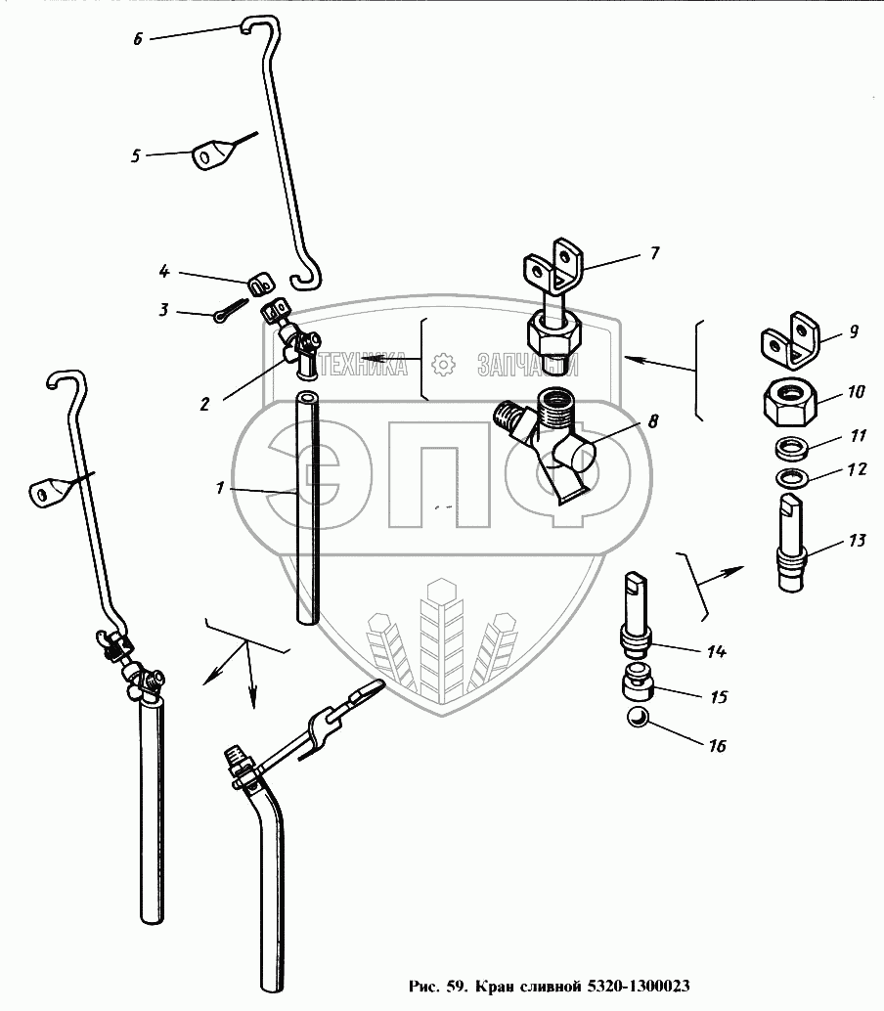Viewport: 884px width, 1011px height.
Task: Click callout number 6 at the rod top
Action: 138,40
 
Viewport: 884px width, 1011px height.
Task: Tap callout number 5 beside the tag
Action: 137,154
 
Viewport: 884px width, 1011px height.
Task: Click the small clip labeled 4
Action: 258,285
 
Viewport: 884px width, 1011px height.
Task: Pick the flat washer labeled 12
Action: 788,480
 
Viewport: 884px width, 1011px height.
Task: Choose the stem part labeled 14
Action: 636,616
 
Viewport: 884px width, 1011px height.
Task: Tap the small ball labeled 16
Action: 636,719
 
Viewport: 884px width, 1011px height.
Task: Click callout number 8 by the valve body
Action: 651,422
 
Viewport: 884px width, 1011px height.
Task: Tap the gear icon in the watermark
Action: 444,365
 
